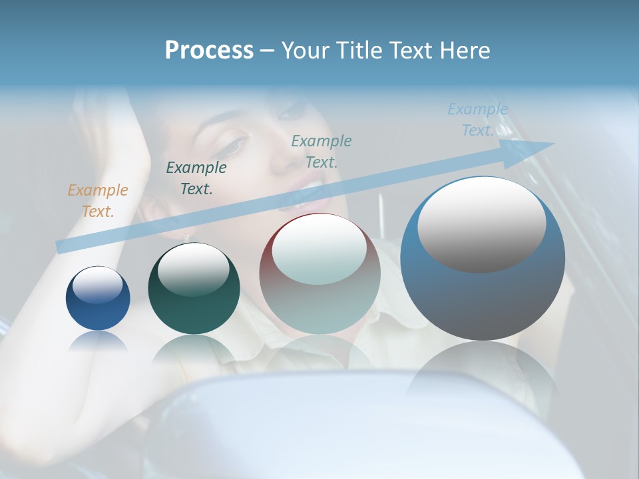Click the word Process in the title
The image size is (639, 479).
point(209,51)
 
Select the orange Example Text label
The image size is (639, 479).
point(97,200)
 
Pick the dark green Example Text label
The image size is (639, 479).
point(196,178)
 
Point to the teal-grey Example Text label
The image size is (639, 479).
point(321,151)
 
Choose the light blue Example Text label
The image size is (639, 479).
point(477,120)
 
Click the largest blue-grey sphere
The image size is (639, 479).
point(483,293)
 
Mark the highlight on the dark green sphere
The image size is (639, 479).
point(193,269)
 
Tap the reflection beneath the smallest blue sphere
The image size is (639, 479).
point(98,343)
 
